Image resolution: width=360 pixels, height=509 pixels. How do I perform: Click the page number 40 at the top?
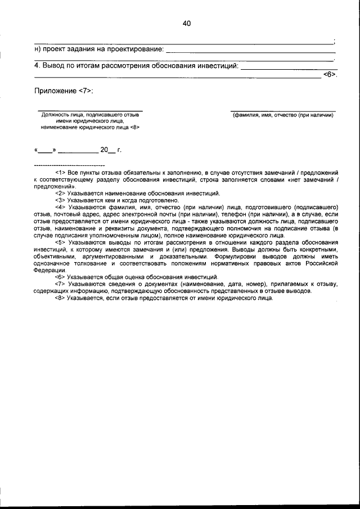pyautogui.click(x=187, y=23)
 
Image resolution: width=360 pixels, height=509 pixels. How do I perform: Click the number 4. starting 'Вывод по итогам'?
pyautogui.click(x=38, y=66)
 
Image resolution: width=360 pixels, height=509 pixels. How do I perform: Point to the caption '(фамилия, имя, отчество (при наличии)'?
pyautogui.click(x=283, y=115)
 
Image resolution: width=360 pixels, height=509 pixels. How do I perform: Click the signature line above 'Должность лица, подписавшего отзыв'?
pyautogui.click(x=90, y=110)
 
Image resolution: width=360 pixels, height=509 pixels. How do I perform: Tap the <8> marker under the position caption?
pyautogui.click(x=134, y=127)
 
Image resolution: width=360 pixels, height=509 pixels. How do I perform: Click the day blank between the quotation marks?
pyautogui.click(x=45, y=150)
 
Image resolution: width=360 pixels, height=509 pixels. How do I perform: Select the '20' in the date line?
pyautogui.click(x=104, y=150)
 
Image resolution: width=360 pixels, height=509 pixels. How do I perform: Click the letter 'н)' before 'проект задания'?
pyautogui.click(x=38, y=49)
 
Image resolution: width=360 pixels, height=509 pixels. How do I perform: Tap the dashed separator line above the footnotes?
pyautogui.click(x=70, y=165)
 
